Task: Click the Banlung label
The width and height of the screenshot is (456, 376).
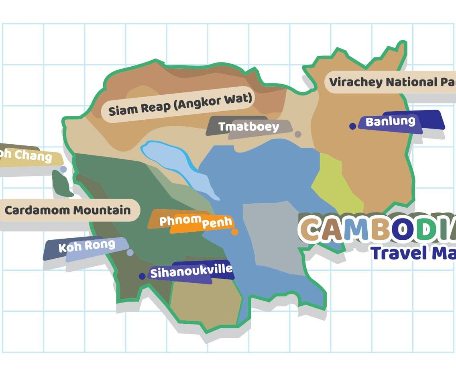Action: tap(390, 121)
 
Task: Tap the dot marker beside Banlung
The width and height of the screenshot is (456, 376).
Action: tap(352, 126)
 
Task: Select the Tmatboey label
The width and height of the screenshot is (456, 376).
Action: tap(248, 127)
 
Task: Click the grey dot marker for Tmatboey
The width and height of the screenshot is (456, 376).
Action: tap(298, 134)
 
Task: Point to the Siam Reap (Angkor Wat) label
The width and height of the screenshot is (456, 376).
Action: tap(180, 104)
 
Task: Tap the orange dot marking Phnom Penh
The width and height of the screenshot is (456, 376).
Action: tap(235, 232)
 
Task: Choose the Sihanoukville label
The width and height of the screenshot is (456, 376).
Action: tap(191, 271)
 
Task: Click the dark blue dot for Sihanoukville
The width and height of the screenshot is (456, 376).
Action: tap(142, 276)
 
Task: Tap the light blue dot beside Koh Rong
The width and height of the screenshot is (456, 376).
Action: tap(130, 253)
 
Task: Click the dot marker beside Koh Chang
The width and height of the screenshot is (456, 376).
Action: tap(63, 170)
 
